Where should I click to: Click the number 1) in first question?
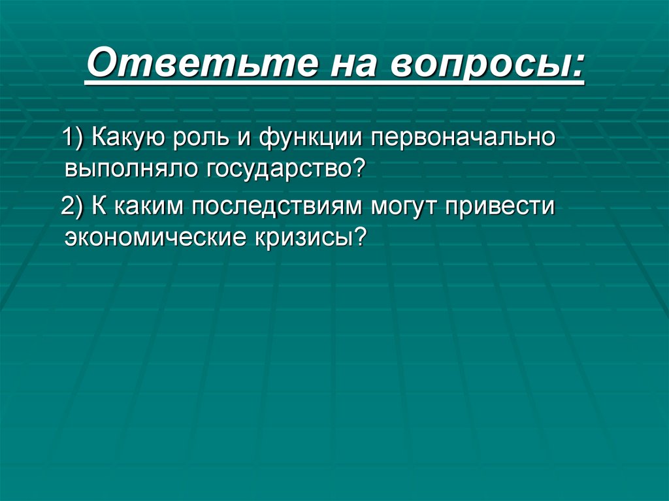pyautogui.click(x=73, y=138)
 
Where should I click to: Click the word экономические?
pyautogui.click(x=152, y=236)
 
